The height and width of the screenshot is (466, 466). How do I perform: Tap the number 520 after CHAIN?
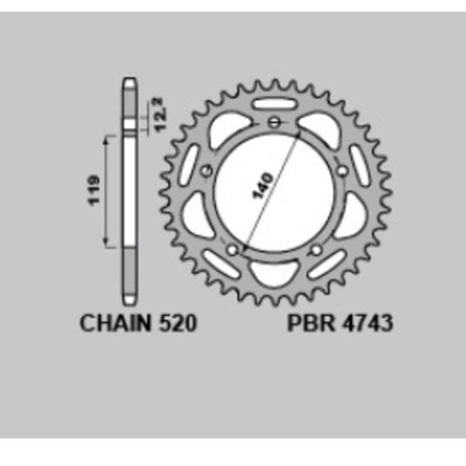pos(176,324)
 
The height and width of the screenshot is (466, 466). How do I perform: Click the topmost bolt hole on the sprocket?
pos(275,122)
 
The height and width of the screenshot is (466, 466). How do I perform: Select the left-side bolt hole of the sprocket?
pos(206,171)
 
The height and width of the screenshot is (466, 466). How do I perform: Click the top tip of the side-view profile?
pos(129,83)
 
